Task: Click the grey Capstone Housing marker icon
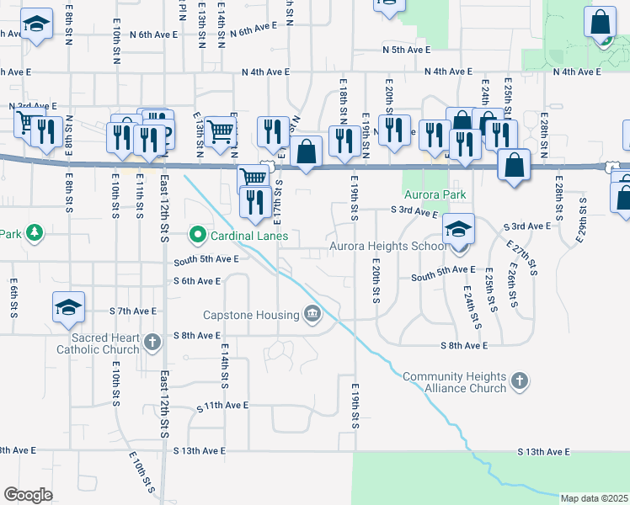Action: [x=312, y=315]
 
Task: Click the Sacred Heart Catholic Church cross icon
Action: [x=152, y=341]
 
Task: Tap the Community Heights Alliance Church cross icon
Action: [x=520, y=381]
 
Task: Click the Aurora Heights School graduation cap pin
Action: [x=458, y=229]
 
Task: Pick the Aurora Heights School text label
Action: [x=387, y=247]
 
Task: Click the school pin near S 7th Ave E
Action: [x=69, y=306]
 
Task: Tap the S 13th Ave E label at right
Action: [x=543, y=452]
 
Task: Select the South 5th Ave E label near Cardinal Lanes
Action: [x=206, y=259]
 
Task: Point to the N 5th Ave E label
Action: [x=406, y=50]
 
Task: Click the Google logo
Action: [x=28, y=494]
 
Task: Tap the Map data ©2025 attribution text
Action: [x=594, y=498]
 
